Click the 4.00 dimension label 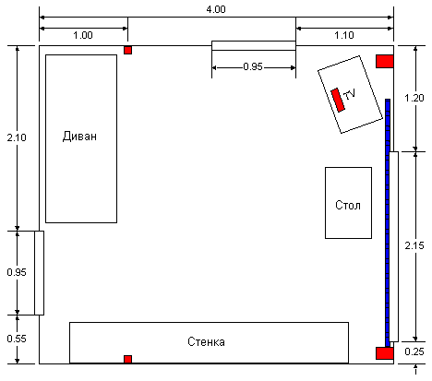tap(216, 9)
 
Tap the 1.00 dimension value tap(83, 35)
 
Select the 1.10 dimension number tap(344, 35)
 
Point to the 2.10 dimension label tap(17, 137)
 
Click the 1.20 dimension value tap(414, 98)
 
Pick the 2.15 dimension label tap(414, 245)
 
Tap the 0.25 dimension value tap(414, 351)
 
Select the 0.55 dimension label tap(17, 339)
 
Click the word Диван tap(79, 136)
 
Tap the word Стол tap(348, 205)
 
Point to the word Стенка tap(206, 341)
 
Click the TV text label tap(350, 94)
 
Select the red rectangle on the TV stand tap(338, 100)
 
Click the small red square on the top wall tap(127, 50)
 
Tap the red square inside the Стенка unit tap(127, 359)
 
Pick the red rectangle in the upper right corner tap(385, 62)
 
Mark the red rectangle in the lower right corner tap(385, 353)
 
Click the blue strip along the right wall tap(388, 223)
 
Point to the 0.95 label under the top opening tap(253, 66)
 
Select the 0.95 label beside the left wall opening tap(17, 272)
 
